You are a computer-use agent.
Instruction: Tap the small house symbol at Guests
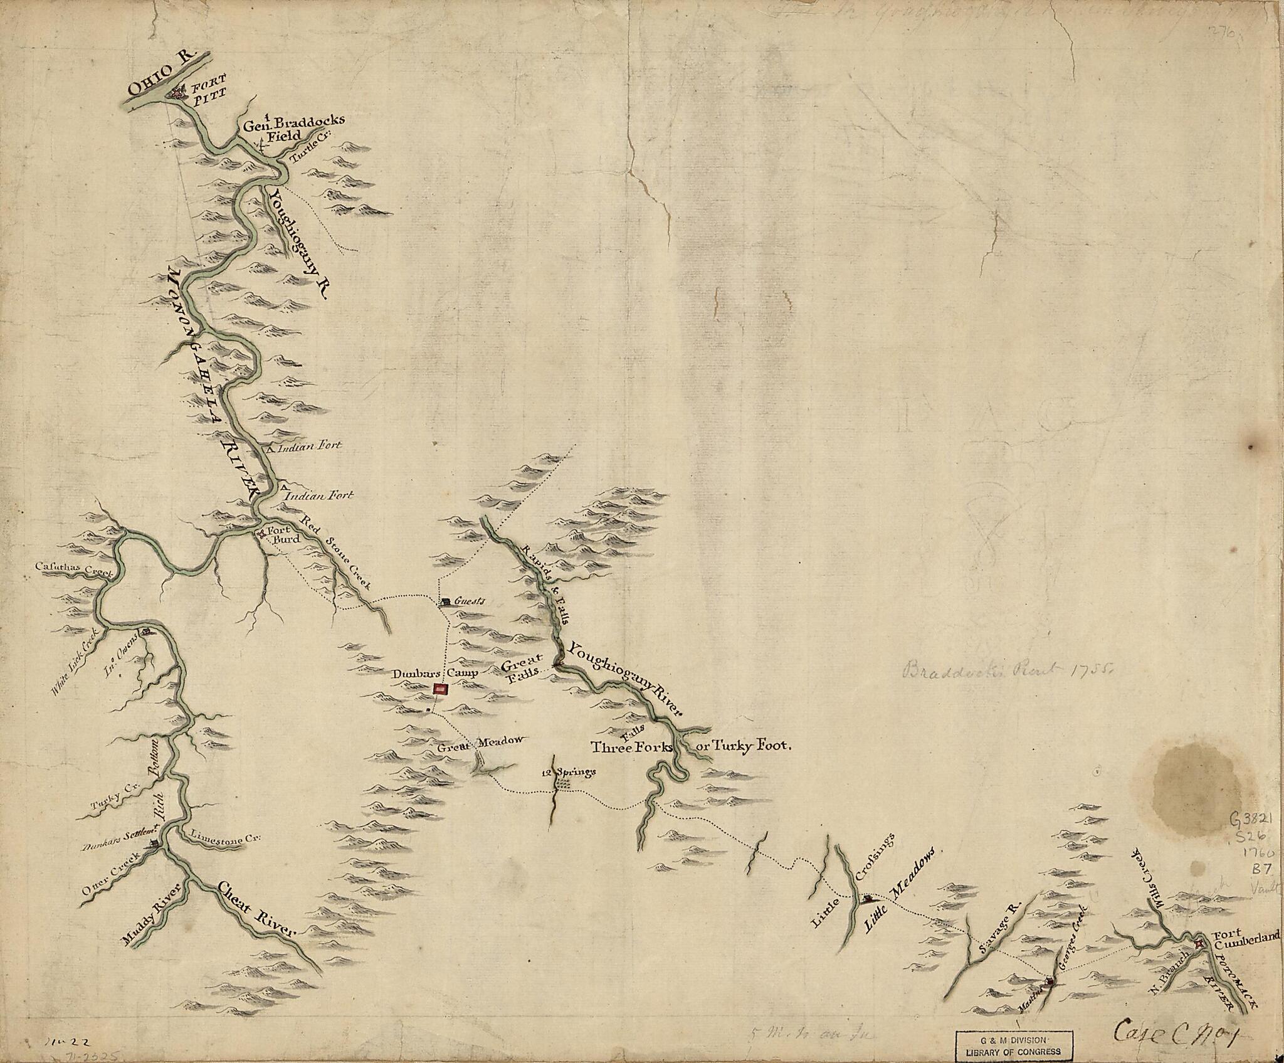[x=444, y=602]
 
